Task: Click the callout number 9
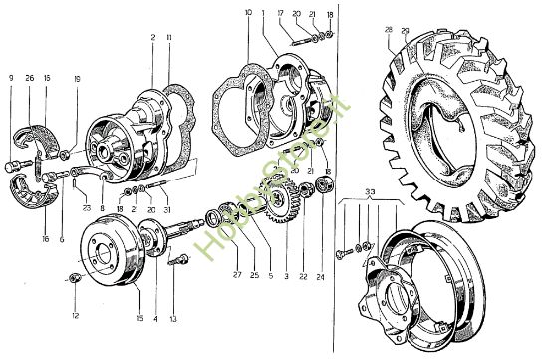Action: (10, 77)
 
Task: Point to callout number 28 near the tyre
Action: (389, 31)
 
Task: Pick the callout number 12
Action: (73, 316)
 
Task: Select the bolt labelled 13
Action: (178, 263)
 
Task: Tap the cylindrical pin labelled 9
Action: (14, 163)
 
